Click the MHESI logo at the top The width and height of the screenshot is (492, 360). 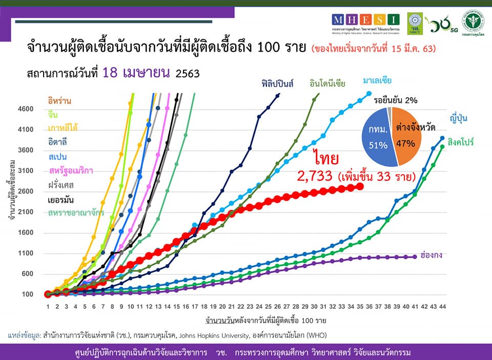coord(365,20)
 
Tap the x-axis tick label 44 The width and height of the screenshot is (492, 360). coord(442,306)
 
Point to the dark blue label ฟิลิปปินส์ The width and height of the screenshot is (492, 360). coord(277,83)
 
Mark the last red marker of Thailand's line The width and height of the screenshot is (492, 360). coord(360,187)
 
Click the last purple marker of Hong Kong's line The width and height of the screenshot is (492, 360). coord(415,257)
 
